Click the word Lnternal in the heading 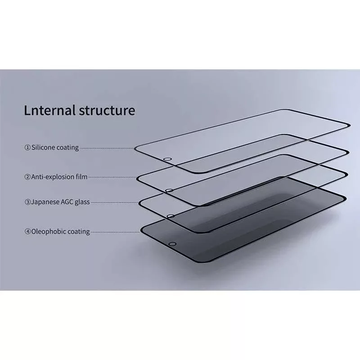click(x=50, y=110)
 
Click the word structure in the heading click(x=107, y=110)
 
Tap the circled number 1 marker click(x=27, y=148)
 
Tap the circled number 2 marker click(x=27, y=177)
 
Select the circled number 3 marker click(x=27, y=202)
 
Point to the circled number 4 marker click(x=27, y=231)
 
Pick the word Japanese click(x=45, y=202)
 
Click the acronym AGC click(x=67, y=202)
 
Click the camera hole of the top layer click(x=167, y=159)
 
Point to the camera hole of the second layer click(x=169, y=190)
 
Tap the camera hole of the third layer click(x=171, y=216)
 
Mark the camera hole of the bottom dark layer click(x=172, y=244)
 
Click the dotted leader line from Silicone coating click(x=107, y=148)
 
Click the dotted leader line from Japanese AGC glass click(x=115, y=202)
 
